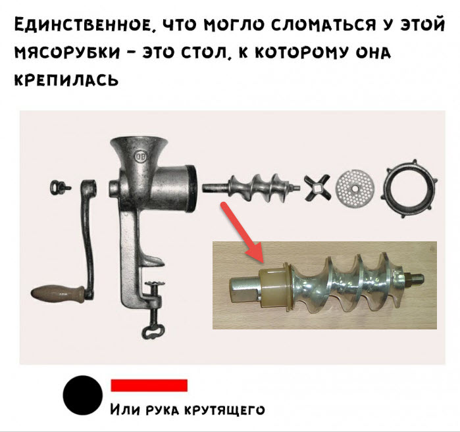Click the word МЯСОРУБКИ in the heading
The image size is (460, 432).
click(x=67, y=53)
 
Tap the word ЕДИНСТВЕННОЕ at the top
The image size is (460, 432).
click(x=84, y=26)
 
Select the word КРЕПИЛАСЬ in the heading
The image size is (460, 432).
click(x=66, y=79)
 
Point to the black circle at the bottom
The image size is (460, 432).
click(x=82, y=395)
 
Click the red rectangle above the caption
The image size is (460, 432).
click(x=149, y=385)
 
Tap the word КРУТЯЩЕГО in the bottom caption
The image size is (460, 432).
click(x=224, y=410)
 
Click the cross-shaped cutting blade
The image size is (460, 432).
click(x=317, y=188)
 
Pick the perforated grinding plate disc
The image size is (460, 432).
click(x=355, y=189)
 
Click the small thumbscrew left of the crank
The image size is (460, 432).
click(x=59, y=187)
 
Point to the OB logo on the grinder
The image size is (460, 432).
click(x=139, y=156)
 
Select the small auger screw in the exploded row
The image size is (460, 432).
click(x=251, y=188)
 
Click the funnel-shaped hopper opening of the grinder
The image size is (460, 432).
click(x=139, y=141)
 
